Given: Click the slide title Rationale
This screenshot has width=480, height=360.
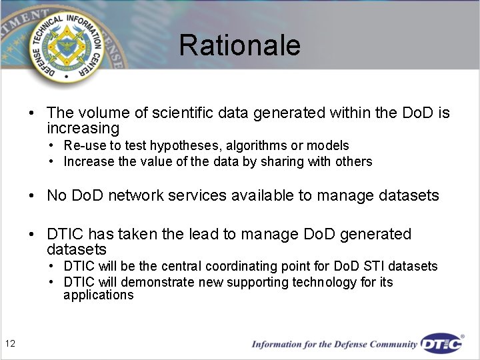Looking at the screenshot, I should (239, 45).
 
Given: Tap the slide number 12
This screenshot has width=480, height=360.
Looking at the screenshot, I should (10, 343).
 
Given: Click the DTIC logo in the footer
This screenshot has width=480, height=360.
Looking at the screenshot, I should (442, 344).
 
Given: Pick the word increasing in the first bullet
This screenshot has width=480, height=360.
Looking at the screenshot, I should (83, 128).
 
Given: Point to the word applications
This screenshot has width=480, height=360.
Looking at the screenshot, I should (99, 295).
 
